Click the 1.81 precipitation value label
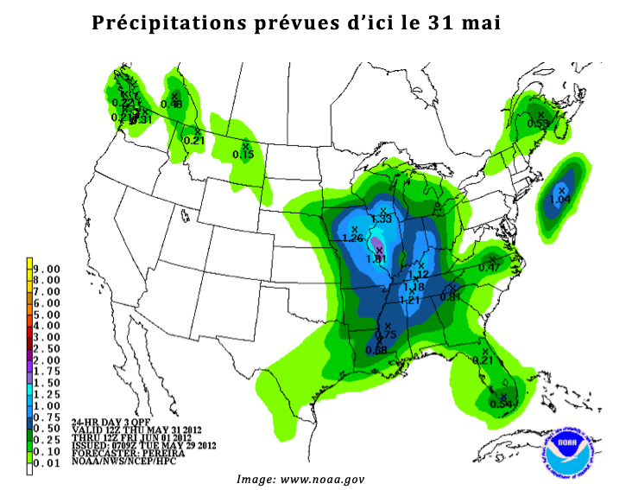(376, 258)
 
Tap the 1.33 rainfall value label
(381, 220)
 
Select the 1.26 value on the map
(352, 238)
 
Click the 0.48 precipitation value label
(171, 104)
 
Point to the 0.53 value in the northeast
(538, 124)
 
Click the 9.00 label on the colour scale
(47, 270)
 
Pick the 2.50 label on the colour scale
(47, 348)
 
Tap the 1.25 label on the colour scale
(47, 393)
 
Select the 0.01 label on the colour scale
(47, 461)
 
